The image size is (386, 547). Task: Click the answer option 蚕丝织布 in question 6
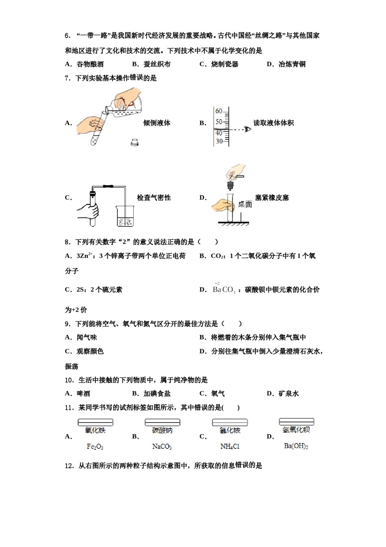click(157, 64)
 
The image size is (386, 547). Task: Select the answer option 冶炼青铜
click(292, 64)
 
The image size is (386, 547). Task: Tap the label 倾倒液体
click(157, 123)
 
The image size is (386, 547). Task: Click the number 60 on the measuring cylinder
click(219, 111)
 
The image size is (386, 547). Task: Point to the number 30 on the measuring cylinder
click(219, 141)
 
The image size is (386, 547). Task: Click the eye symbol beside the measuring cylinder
click(247, 129)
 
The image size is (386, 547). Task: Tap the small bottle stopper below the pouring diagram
click(134, 142)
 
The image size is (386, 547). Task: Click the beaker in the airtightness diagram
click(125, 216)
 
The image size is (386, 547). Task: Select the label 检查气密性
click(154, 198)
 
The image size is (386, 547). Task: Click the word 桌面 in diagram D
click(245, 204)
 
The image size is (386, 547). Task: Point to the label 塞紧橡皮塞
click(272, 198)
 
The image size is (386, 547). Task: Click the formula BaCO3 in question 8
click(224, 290)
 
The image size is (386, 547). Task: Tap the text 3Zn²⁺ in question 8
click(85, 256)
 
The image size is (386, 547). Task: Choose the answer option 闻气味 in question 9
click(87, 337)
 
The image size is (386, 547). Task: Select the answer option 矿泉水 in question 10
click(288, 394)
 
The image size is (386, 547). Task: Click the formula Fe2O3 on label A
click(95, 447)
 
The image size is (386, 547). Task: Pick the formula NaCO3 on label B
click(162, 447)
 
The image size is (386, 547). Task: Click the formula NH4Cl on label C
click(230, 447)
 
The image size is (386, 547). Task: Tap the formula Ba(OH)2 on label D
click(296, 446)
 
